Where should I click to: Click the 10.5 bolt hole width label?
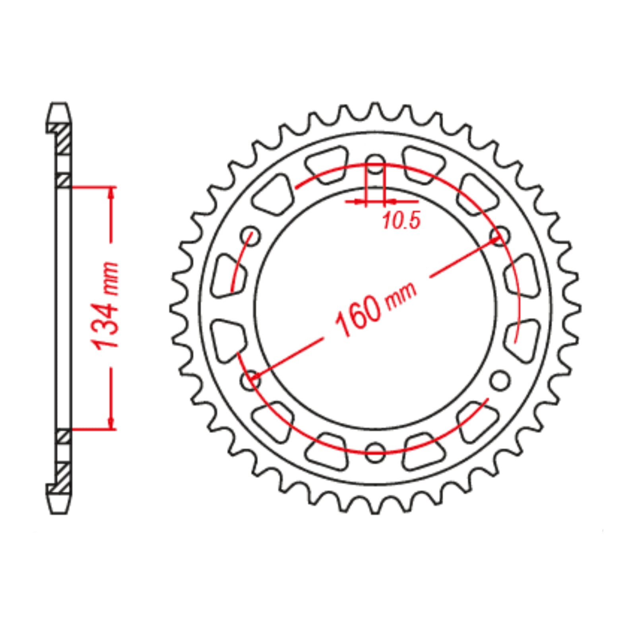tap(401, 221)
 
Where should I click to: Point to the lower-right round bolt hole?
tap(500, 381)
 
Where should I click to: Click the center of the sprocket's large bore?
tap(375, 308)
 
